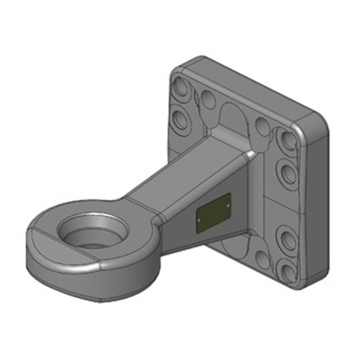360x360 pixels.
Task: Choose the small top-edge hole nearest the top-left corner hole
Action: (207, 98)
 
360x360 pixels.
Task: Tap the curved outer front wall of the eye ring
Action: (90, 283)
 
